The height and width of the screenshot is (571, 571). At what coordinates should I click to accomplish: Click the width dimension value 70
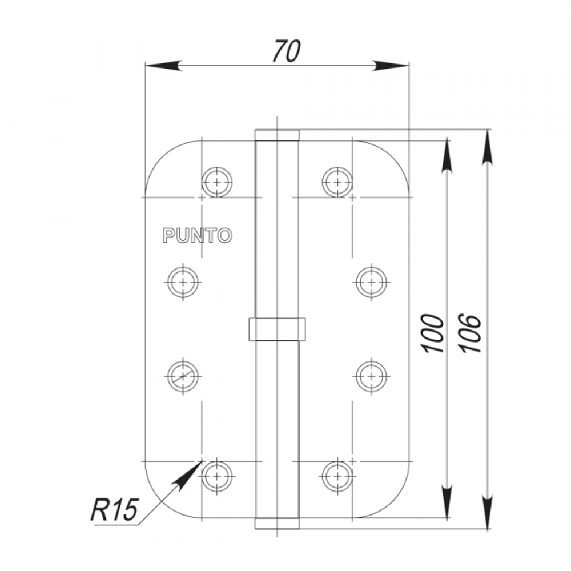[x=285, y=51]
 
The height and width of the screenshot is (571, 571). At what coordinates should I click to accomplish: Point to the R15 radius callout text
[x=115, y=509]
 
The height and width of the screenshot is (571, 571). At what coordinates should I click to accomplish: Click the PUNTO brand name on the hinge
[x=198, y=235]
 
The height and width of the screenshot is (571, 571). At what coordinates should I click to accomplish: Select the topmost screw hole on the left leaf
[x=217, y=182]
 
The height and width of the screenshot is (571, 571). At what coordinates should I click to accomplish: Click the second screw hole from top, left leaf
[x=183, y=281]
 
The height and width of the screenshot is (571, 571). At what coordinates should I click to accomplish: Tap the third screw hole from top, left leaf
[x=183, y=376]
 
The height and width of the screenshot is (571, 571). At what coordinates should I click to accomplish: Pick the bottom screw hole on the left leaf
[x=217, y=475]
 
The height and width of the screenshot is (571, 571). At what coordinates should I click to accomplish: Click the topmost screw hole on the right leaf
[x=337, y=182]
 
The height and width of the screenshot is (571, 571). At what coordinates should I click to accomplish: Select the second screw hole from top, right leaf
[x=371, y=281]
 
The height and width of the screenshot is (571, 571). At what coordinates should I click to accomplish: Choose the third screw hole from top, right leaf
[x=371, y=376]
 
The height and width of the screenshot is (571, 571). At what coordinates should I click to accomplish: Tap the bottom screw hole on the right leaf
[x=337, y=475]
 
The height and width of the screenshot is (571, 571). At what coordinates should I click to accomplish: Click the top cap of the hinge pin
[x=277, y=135]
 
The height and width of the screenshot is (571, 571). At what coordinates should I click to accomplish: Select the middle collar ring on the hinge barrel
[x=277, y=329]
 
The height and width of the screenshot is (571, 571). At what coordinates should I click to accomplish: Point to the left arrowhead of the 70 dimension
[x=163, y=66]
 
